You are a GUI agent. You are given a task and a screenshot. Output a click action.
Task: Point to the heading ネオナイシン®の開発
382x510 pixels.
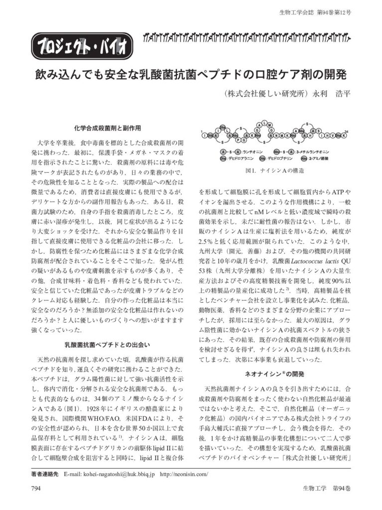click(x=273, y=373)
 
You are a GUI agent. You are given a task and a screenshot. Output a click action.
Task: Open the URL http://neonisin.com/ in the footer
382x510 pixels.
click(x=184, y=474)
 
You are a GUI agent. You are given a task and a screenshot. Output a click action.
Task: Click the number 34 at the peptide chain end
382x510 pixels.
click(x=346, y=131)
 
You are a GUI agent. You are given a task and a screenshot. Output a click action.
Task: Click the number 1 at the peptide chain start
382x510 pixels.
click(x=202, y=131)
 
